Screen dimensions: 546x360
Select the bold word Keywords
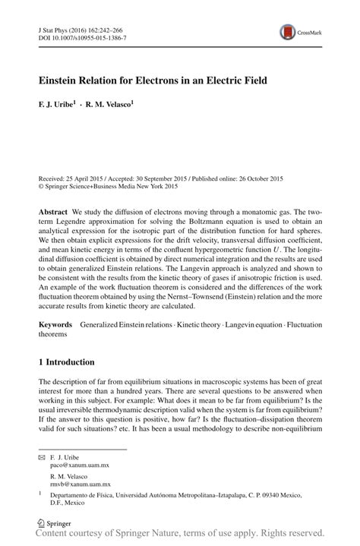[56, 324]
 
